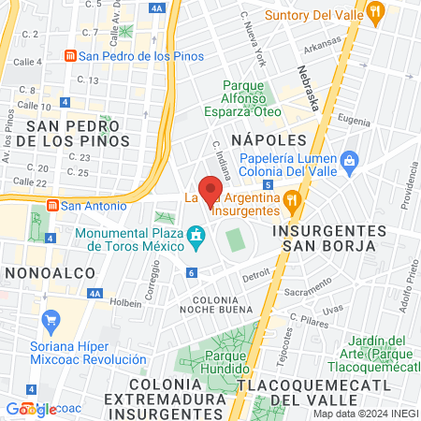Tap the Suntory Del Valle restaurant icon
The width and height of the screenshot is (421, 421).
376,13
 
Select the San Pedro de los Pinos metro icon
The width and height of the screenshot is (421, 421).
69,55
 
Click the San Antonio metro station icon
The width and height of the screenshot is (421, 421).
54,205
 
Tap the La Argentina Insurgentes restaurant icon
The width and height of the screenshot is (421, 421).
292,197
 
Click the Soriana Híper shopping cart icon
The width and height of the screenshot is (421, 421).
51,325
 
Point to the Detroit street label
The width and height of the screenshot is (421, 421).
255,277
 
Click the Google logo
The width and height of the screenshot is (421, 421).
31,409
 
